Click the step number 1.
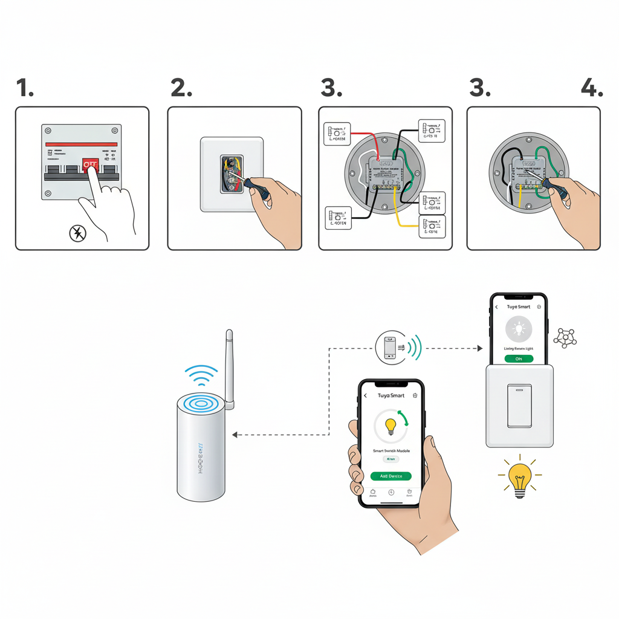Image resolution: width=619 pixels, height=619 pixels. (25, 89)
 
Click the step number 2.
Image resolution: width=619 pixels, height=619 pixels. (181, 89)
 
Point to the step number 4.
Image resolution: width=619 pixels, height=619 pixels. (591, 89)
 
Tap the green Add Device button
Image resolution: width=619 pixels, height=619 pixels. (391, 476)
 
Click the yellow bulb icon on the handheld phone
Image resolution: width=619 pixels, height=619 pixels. (391, 426)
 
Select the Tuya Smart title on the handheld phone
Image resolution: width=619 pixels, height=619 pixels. (391, 395)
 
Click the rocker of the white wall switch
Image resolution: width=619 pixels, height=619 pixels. (519, 406)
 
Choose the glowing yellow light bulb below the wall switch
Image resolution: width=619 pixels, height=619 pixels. (520, 478)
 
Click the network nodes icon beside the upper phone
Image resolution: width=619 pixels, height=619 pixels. (566, 338)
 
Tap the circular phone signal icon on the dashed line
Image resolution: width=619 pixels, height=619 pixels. (391, 348)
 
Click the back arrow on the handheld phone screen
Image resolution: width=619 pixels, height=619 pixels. (366, 395)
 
